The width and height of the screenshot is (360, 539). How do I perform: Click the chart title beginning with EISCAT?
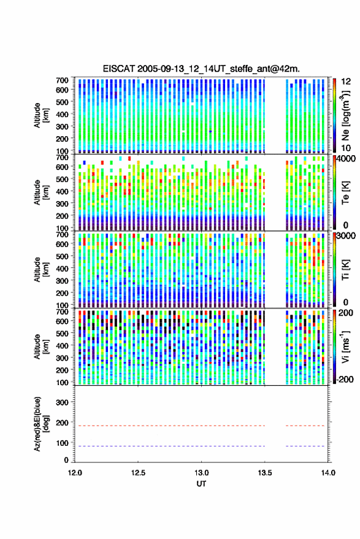pyautogui.click(x=201, y=69)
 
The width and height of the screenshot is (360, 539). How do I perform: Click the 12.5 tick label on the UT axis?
pyautogui.click(x=138, y=473)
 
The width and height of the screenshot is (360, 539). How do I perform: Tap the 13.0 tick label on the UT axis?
pyautogui.click(x=202, y=473)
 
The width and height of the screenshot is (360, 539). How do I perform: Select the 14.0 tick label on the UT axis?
pyautogui.click(x=328, y=473)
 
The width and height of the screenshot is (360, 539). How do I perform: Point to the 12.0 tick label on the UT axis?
pyautogui.click(x=75, y=473)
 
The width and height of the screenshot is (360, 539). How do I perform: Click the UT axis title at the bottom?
pyautogui.click(x=202, y=484)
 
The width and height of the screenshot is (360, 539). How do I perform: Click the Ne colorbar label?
pyautogui.click(x=345, y=115)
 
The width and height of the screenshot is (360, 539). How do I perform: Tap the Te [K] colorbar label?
pyautogui.click(x=345, y=193)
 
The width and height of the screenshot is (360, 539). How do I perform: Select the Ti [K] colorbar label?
pyautogui.click(x=345, y=270)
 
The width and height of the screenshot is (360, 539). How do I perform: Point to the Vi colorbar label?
pyautogui.click(x=345, y=346)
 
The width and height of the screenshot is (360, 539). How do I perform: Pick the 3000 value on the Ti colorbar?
pyautogui.click(x=346, y=236)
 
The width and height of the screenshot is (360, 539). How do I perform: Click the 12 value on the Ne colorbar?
pyautogui.click(x=346, y=81)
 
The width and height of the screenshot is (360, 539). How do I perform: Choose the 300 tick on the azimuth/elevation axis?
pyautogui.click(x=62, y=402)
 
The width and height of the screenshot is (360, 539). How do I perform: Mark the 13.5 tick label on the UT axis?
pyautogui.click(x=265, y=473)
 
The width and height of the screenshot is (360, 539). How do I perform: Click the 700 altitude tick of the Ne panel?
pyautogui.click(x=62, y=80)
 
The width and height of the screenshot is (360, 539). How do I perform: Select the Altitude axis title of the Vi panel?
pyautogui.click(x=40, y=346)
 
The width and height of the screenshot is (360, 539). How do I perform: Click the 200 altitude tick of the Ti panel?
pyautogui.click(x=62, y=293)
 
